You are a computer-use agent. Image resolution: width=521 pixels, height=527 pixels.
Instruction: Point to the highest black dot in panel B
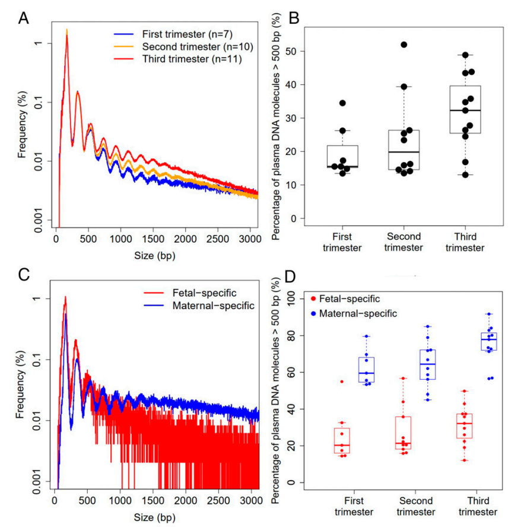pos(404,45)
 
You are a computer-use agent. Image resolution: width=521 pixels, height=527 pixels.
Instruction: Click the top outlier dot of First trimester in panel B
pos(342,103)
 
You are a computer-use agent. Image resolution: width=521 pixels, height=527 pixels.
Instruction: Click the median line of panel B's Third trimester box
pos(465,110)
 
